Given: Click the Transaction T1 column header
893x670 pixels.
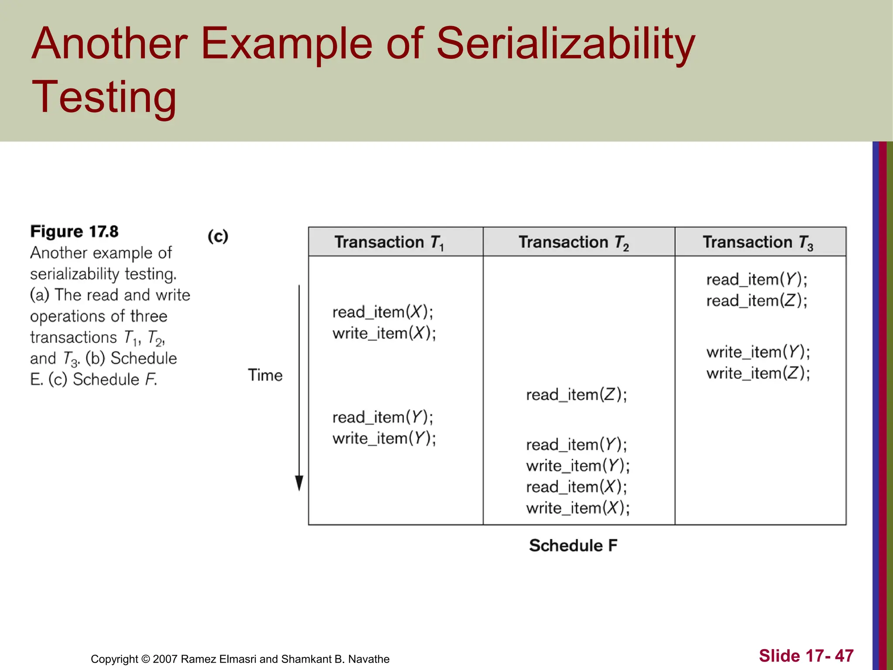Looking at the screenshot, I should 389,242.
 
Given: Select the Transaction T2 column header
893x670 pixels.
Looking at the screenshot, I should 573,242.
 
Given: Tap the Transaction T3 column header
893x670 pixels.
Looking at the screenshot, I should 758,242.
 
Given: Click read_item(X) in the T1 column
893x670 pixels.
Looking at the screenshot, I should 382,312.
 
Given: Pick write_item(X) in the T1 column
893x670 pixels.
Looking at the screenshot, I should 384,334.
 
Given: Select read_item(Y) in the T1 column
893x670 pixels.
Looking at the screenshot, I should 382,417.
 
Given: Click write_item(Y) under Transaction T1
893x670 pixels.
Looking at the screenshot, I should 384,438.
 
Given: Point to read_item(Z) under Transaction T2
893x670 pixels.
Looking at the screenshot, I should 576,395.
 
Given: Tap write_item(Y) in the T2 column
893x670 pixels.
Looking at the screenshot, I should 578,466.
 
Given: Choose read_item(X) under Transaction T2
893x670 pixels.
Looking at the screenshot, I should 576,487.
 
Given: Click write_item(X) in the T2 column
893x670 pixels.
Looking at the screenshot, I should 578,508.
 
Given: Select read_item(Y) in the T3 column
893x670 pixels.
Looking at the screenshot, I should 757,280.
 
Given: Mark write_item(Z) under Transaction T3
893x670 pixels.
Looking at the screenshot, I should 758,373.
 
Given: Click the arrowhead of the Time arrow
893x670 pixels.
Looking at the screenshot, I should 299,483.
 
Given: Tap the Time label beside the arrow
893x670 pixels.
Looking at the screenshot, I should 265,376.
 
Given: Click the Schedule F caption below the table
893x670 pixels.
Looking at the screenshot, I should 573,546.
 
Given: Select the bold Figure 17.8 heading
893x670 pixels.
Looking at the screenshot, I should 74,232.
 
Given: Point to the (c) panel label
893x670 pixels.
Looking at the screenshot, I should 218,236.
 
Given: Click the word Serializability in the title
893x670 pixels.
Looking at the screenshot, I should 566,44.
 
